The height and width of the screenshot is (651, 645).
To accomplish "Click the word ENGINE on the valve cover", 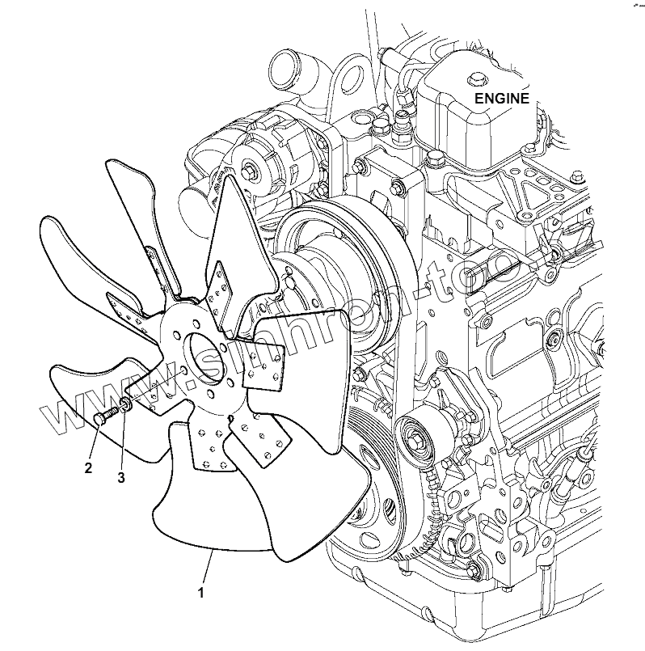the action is coord(501,99).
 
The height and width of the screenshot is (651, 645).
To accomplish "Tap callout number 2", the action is coord(89,467).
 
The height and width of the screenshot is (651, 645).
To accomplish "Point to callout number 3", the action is coord(121,477).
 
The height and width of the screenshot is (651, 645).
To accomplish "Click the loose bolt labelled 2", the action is coord(102,417).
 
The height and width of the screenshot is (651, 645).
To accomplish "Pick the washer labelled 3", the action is coord(126,405).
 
